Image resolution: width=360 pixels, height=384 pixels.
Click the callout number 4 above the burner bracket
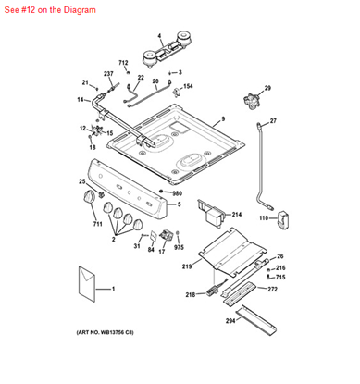[x=159, y=37]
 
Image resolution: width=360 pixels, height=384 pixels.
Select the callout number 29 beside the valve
[x=267, y=88]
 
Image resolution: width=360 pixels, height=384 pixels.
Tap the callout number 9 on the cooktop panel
[x=222, y=120]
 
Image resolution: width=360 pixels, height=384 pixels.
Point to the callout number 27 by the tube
[x=273, y=121]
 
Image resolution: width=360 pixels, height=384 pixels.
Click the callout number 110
[x=263, y=218]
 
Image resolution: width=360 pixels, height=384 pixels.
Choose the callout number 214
[x=236, y=214]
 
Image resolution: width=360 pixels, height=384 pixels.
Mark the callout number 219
[x=187, y=266]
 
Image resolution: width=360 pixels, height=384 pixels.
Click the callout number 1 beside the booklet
[x=113, y=291]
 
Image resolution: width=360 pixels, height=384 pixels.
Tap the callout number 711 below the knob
[x=97, y=224]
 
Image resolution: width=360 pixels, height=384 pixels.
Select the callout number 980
[x=177, y=193]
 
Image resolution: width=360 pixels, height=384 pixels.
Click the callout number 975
[x=180, y=248]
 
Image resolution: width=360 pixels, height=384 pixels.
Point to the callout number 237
[x=108, y=73]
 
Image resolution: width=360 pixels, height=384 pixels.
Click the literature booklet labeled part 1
[x=91, y=284]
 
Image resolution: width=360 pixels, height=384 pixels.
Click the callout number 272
[x=272, y=290]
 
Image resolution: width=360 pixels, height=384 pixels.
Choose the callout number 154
[x=189, y=86]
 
